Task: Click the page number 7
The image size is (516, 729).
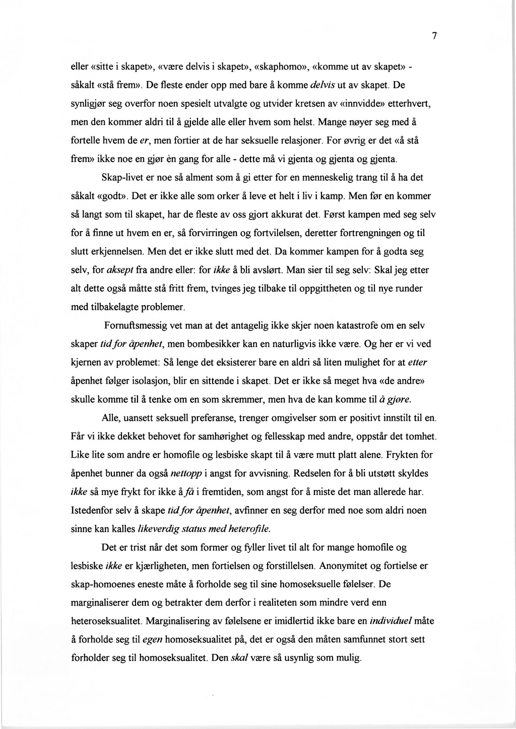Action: (434, 36)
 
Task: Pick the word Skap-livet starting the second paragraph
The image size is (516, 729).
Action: (122, 178)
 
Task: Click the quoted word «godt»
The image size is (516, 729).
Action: (113, 196)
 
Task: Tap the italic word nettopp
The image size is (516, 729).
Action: (187, 473)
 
